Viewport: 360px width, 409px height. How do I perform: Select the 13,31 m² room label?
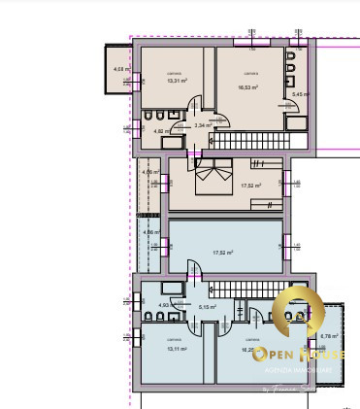[176, 81]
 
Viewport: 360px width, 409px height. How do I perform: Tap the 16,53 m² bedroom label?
[248, 86]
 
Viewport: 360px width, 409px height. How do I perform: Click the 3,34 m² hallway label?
[203, 124]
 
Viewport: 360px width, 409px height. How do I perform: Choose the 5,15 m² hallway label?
[207, 307]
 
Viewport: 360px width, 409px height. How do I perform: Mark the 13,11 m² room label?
[175, 348]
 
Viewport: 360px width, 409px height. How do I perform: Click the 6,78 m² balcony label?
[326, 336]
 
